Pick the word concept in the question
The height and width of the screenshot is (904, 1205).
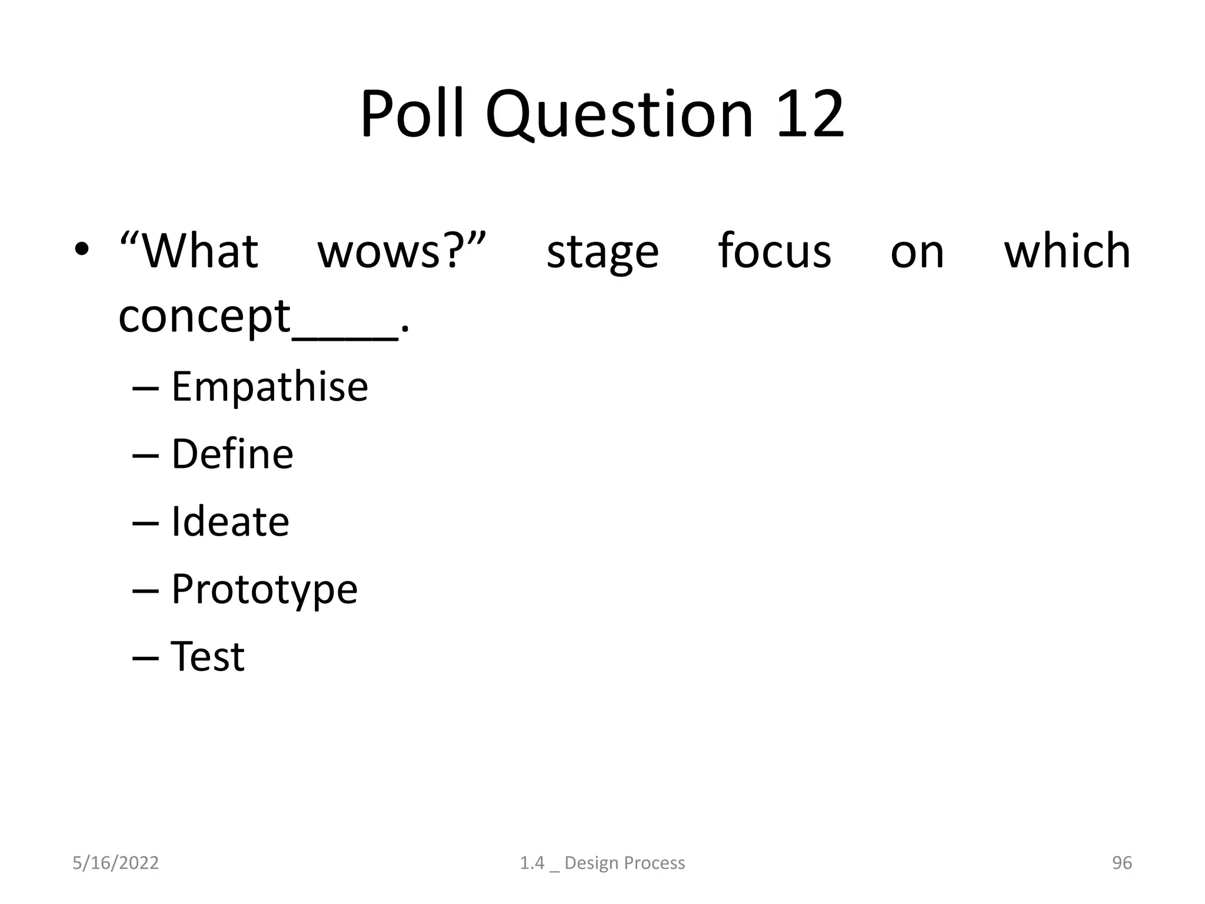(x=204, y=318)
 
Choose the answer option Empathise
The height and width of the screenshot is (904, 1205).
(x=269, y=387)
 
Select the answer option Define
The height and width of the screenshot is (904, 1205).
(x=232, y=454)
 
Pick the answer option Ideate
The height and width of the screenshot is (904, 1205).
(x=230, y=521)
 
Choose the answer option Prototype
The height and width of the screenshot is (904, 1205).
(x=264, y=590)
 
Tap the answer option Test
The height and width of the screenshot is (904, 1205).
(x=207, y=656)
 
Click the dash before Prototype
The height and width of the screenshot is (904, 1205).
(x=145, y=590)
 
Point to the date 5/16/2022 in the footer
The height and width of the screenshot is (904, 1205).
(x=115, y=863)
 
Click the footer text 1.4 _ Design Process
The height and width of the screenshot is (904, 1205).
(x=602, y=863)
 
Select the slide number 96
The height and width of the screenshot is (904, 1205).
(x=1121, y=863)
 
